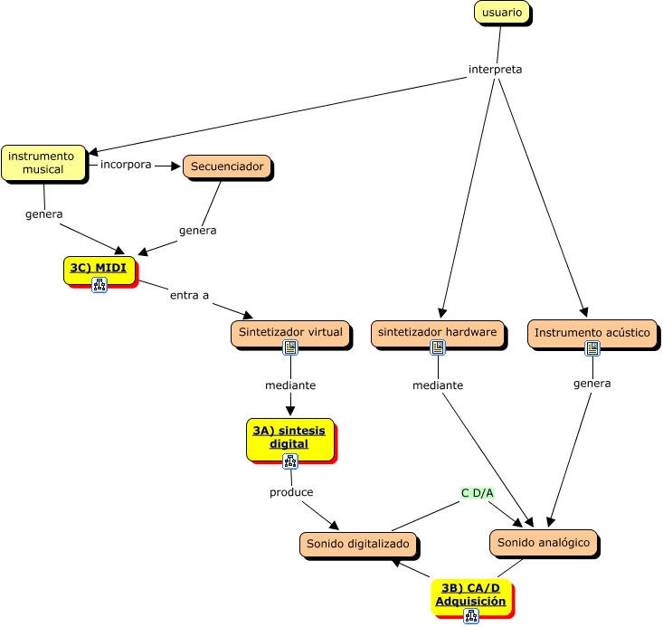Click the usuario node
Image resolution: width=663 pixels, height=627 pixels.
coord(502,13)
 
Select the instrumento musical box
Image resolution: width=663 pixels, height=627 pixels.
coord(43,163)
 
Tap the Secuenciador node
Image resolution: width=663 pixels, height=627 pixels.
coord(226,166)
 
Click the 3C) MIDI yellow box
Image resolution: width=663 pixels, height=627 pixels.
coord(99,268)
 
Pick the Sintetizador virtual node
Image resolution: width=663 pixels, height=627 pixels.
coord(289,332)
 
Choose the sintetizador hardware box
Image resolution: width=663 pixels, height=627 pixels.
coord(438,332)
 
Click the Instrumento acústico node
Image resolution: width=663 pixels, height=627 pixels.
coord(592,333)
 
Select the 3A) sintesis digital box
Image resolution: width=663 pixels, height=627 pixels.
coord(289,437)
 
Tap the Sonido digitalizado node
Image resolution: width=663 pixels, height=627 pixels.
coord(359,544)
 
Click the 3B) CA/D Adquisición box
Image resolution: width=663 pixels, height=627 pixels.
coord(470,594)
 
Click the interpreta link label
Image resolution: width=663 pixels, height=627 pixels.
coord(495,70)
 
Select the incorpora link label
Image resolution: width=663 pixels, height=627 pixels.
coord(126,165)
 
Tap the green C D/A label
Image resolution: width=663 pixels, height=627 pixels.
coord(477,493)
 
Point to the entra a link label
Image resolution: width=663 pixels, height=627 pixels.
coord(189,295)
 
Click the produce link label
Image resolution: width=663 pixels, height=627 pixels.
coord(291,492)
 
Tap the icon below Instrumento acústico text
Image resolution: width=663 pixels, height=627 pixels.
coord(592,347)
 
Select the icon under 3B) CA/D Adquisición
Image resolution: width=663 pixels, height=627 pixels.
coord(470,616)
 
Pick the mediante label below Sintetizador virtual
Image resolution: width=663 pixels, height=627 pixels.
coord(290,385)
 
